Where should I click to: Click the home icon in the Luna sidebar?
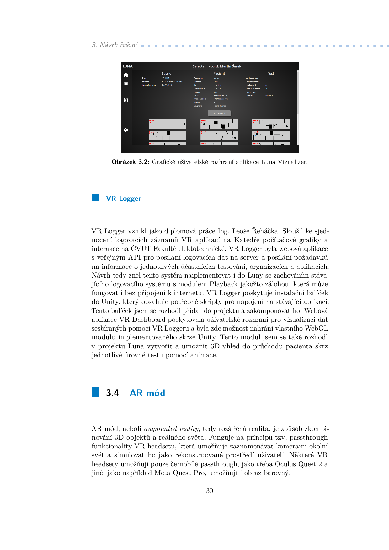pyautogui.click(x=126, y=75)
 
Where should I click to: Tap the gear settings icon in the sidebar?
pyautogui.click(x=126, y=130)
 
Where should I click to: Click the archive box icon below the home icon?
pyautogui.click(x=126, y=83)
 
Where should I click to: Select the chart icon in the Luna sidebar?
pyautogui.click(x=126, y=100)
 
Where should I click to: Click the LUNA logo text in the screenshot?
pyautogui.click(x=128, y=66)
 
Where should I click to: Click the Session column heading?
pyautogui.click(x=168, y=73)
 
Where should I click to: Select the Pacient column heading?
pyautogui.click(x=219, y=73)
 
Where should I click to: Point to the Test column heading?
pyautogui.click(x=271, y=73)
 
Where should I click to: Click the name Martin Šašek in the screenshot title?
pyautogui.click(x=231, y=66)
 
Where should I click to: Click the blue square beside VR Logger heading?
pyautogui.click(x=95, y=198)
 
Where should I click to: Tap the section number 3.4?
pyautogui.click(x=112, y=393)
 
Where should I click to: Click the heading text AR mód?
pyautogui.click(x=147, y=393)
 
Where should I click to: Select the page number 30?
pyautogui.click(x=210, y=491)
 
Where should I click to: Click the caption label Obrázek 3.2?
pyautogui.click(x=130, y=162)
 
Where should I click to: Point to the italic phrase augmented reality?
pyautogui.click(x=172, y=429)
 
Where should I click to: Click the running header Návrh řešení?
pyautogui.click(x=118, y=45)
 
